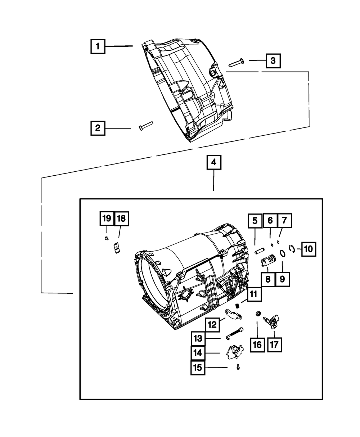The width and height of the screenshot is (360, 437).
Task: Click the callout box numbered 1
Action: pos(98,46)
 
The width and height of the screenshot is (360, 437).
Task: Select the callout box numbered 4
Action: pos(214,162)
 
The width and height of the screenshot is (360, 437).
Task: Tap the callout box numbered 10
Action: pos(309,249)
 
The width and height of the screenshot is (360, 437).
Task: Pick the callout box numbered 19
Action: pos(107,218)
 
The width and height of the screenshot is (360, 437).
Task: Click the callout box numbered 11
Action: pos(254,294)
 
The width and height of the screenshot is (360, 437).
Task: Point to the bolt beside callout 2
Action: pos(146,126)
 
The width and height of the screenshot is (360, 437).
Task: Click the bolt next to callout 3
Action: pos(236,63)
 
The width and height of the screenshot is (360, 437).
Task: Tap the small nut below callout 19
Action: pos(107,238)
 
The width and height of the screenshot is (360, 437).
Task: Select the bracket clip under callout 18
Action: pos(117,248)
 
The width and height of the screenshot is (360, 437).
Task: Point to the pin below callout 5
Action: pos(260,251)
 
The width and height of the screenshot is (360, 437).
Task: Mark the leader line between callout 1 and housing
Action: pos(119,46)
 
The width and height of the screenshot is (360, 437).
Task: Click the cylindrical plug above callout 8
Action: pos(269,260)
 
